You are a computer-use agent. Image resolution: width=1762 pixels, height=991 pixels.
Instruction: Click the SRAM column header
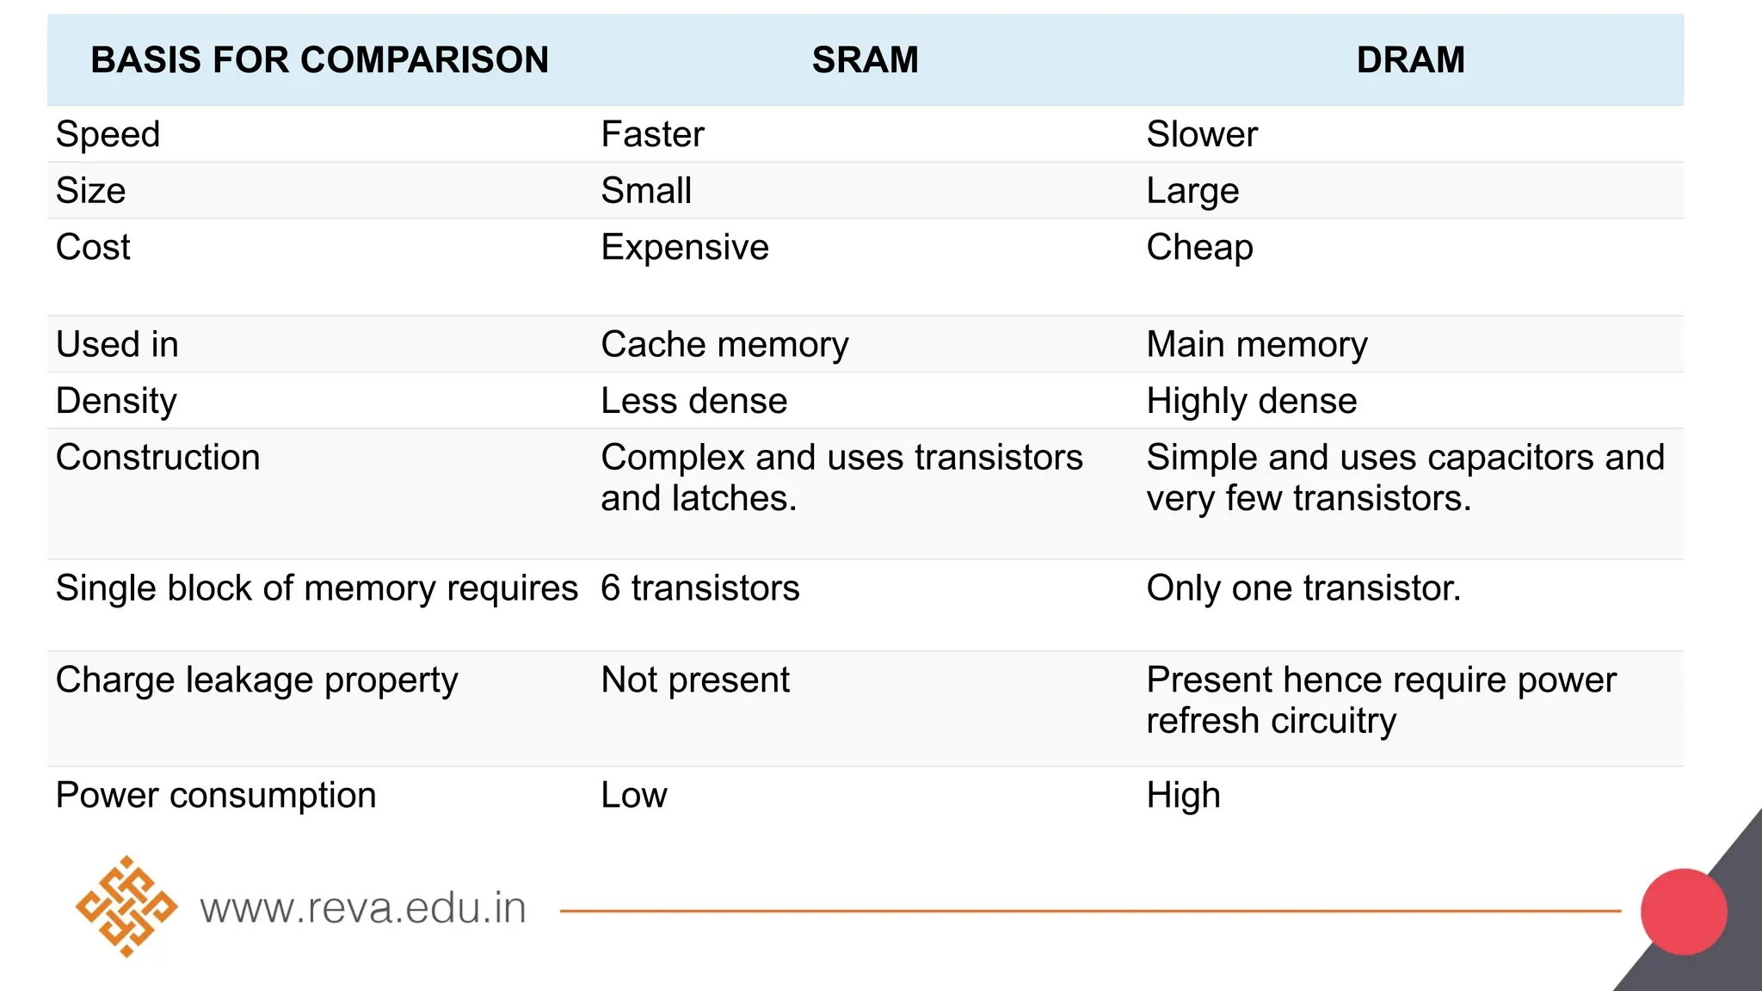[x=865, y=60]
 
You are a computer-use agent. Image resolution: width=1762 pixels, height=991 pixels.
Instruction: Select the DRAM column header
[x=1410, y=60]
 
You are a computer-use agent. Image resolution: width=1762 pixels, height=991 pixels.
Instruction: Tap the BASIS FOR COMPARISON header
[x=319, y=60]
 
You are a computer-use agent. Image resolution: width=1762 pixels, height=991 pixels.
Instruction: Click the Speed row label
[x=108, y=134]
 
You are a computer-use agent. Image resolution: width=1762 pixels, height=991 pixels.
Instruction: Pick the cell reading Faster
[x=652, y=134]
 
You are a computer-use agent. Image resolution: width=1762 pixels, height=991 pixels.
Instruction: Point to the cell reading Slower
[x=1201, y=134]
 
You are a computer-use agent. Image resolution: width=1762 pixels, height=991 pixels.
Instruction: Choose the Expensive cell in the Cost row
[x=684, y=248]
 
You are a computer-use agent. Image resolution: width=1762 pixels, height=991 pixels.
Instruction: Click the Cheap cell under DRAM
[x=1199, y=248]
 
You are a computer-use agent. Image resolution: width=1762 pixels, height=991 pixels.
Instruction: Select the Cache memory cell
[x=724, y=345]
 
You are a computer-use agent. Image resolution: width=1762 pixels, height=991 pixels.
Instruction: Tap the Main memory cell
[x=1256, y=345]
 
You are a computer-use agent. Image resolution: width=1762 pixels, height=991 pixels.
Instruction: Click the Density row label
[x=116, y=401]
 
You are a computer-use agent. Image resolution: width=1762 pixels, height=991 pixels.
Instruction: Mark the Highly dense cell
[x=1251, y=401]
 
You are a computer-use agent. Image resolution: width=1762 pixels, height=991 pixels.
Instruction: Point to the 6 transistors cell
[x=699, y=588]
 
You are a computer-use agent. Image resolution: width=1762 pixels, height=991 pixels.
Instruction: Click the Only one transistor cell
[x=1303, y=588]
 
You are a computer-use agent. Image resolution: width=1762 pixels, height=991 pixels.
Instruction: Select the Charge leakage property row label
[x=256, y=680]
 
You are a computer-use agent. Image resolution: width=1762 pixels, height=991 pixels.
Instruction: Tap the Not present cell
[x=694, y=680]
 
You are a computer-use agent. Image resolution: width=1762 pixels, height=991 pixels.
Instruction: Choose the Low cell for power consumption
[x=633, y=796]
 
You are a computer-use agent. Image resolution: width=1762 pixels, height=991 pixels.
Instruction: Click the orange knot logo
[x=126, y=907]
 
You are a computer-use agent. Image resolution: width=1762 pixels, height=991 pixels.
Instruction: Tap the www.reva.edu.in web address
[x=362, y=908]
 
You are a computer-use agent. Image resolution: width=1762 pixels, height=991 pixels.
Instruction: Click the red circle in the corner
[x=1683, y=912]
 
